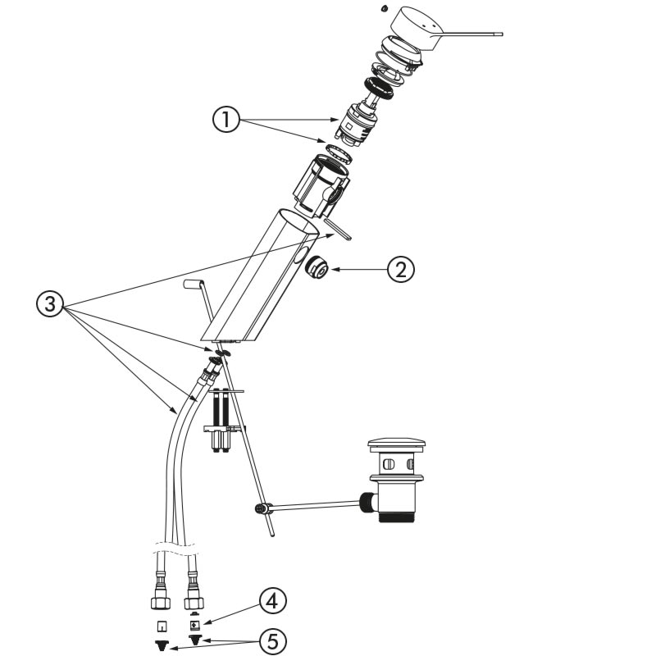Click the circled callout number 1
226,121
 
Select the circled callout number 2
402,269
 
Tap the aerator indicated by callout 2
316,267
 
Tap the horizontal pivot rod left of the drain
312,504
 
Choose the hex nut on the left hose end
161,603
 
